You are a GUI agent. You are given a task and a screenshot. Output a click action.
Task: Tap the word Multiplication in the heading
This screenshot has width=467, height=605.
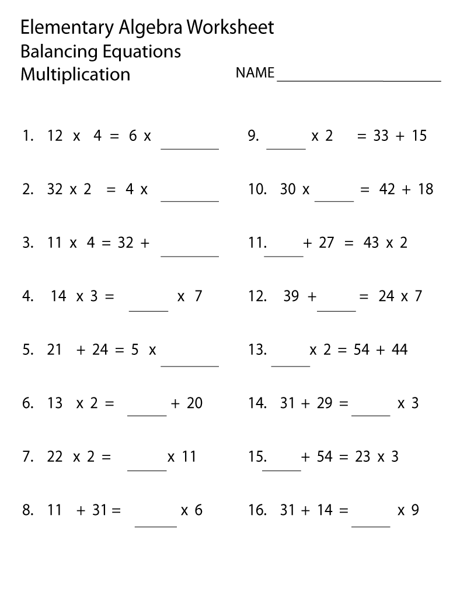coord(75,74)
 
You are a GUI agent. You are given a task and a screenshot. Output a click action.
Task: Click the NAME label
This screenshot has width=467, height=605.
coord(255,73)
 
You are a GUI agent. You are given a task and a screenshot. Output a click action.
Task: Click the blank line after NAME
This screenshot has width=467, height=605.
coord(358,79)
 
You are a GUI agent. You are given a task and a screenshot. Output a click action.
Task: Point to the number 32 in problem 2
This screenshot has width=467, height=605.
coord(55,189)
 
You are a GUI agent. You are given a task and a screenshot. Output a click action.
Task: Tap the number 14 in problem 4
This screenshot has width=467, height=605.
coord(59,296)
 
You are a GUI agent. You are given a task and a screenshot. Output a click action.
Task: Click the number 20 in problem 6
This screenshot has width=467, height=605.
coord(194,403)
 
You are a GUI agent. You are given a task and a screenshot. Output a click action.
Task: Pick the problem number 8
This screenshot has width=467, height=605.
coord(27,510)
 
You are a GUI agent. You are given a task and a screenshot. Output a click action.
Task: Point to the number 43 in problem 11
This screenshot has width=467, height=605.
coord(371,243)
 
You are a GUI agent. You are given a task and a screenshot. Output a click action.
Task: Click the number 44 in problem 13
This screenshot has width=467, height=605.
coord(399,350)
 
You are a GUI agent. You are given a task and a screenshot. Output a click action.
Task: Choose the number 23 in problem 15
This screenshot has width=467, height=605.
coord(363,457)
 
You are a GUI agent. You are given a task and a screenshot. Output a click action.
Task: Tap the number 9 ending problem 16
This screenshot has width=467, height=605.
coord(416,510)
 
